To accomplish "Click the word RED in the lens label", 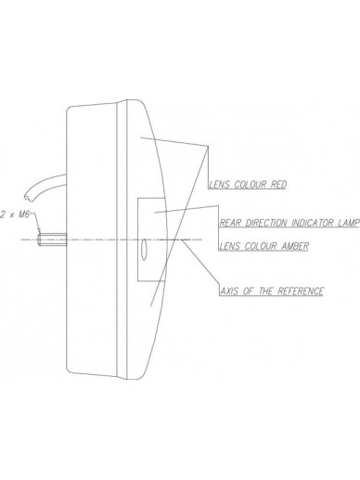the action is click(x=278, y=185).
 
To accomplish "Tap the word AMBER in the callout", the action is click(x=295, y=246).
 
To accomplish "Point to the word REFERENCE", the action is click(x=301, y=292).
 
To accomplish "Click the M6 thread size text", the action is click(x=24, y=214).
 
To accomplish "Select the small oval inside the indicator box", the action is click(x=144, y=250).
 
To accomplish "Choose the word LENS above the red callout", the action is click(x=220, y=185).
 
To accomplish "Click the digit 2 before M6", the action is click(x=4, y=214).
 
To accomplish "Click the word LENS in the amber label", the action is click(x=230, y=246).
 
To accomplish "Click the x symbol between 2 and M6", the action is click(x=12, y=215).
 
